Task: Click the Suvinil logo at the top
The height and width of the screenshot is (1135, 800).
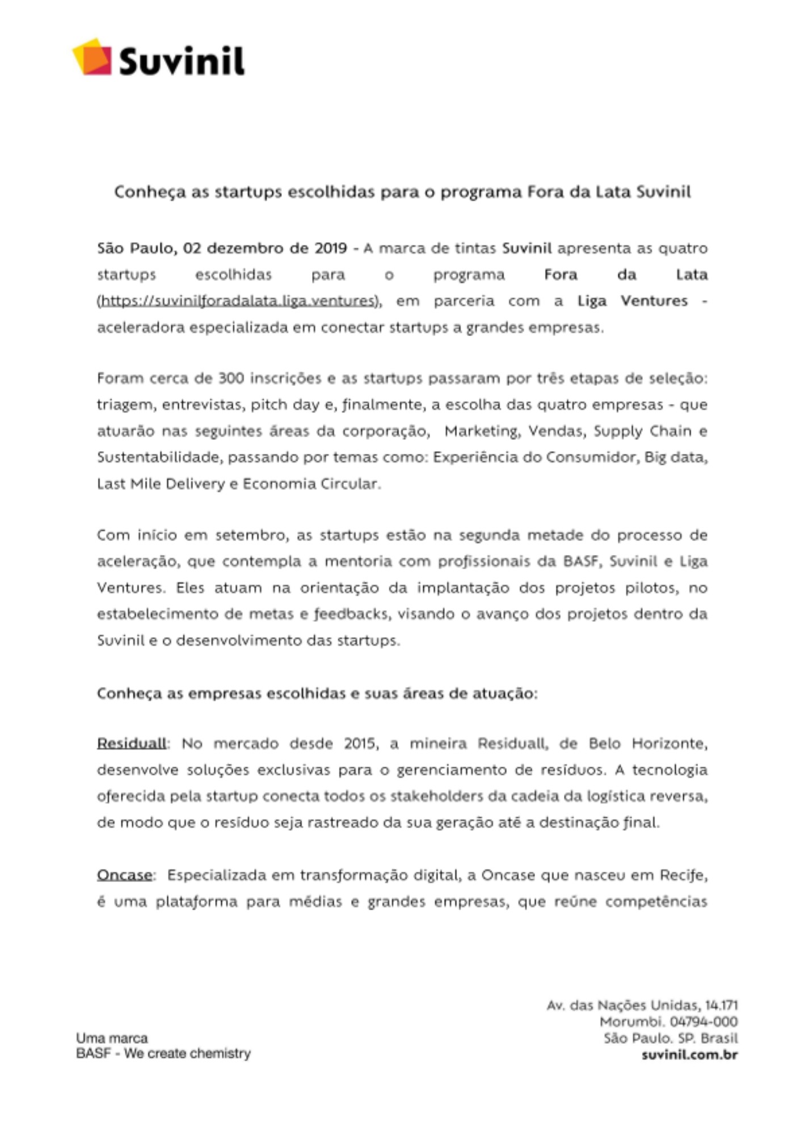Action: (159, 58)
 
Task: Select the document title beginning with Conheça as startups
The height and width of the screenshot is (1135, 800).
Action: (402, 192)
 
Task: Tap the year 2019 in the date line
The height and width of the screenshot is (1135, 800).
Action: (331, 248)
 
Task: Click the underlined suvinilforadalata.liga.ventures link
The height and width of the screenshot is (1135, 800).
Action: (238, 301)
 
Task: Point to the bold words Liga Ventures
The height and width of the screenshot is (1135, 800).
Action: (632, 301)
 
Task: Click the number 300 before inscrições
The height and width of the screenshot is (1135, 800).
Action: (231, 378)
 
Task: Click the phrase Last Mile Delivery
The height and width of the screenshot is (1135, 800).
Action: (161, 484)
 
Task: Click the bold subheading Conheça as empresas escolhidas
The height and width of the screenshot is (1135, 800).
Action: (317, 693)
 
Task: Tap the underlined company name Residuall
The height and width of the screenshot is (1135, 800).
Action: (132, 743)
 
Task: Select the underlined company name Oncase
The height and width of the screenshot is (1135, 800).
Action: (124, 875)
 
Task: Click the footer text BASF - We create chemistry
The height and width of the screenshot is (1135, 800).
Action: (163, 1053)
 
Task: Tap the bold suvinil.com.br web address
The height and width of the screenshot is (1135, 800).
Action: (689, 1055)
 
